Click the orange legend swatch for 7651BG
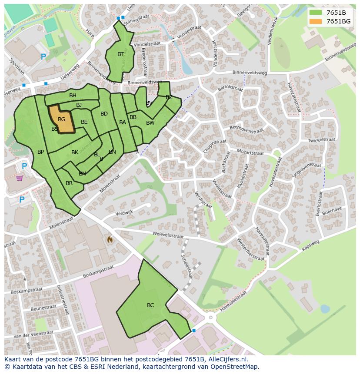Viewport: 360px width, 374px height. click(x=316, y=21)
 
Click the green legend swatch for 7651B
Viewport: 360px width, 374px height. click(x=316, y=12)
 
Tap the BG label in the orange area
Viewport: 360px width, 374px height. click(x=61, y=119)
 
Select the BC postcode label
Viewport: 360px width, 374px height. click(x=150, y=305)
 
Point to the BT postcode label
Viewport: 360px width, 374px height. click(x=120, y=54)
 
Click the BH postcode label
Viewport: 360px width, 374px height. click(x=73, y=96)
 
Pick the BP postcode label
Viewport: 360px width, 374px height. click(x=40, y=152)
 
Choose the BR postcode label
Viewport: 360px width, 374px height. click(x=69, y=183)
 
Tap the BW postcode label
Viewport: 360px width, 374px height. click(x=150, y=123)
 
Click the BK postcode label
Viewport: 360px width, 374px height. click(x=75, y=152)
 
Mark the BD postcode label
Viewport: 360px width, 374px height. click(x=104, y=114)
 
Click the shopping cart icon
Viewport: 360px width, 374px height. click(x=20, y=178)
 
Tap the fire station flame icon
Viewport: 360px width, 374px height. click(x=110, y=239)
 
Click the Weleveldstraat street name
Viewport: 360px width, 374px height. click(x=168, y=235)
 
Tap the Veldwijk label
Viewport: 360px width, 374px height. click(x=123, y=213)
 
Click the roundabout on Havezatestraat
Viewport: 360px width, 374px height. click(x=211, y=318)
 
